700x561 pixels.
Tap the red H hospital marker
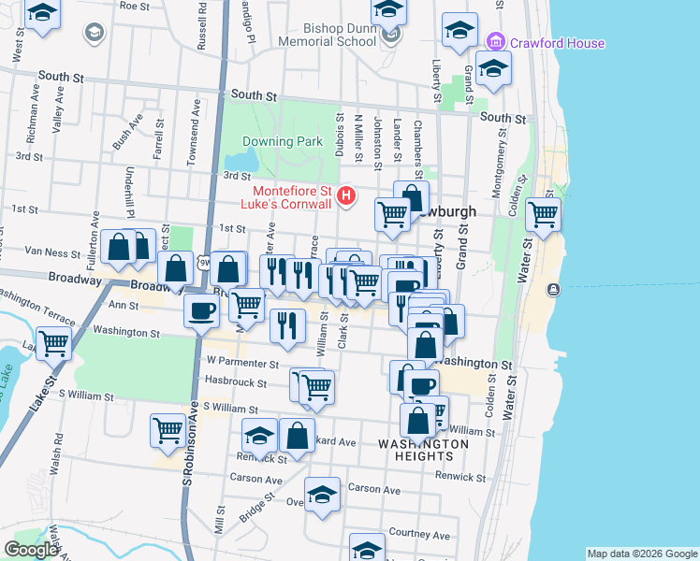point(347,196)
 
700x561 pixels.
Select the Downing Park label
point(282,142)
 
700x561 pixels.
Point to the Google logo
point(31,550)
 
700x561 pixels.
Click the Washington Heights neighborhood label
point(423,450)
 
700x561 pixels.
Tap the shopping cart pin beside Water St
point(544,214)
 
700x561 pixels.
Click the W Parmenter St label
point(243,363)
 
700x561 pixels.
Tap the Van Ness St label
point(52,252)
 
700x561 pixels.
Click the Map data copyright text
point(642,554)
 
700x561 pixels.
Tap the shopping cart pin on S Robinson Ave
point(168,430)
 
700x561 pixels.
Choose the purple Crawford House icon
point(496,43)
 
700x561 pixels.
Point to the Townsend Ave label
point(195,133)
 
